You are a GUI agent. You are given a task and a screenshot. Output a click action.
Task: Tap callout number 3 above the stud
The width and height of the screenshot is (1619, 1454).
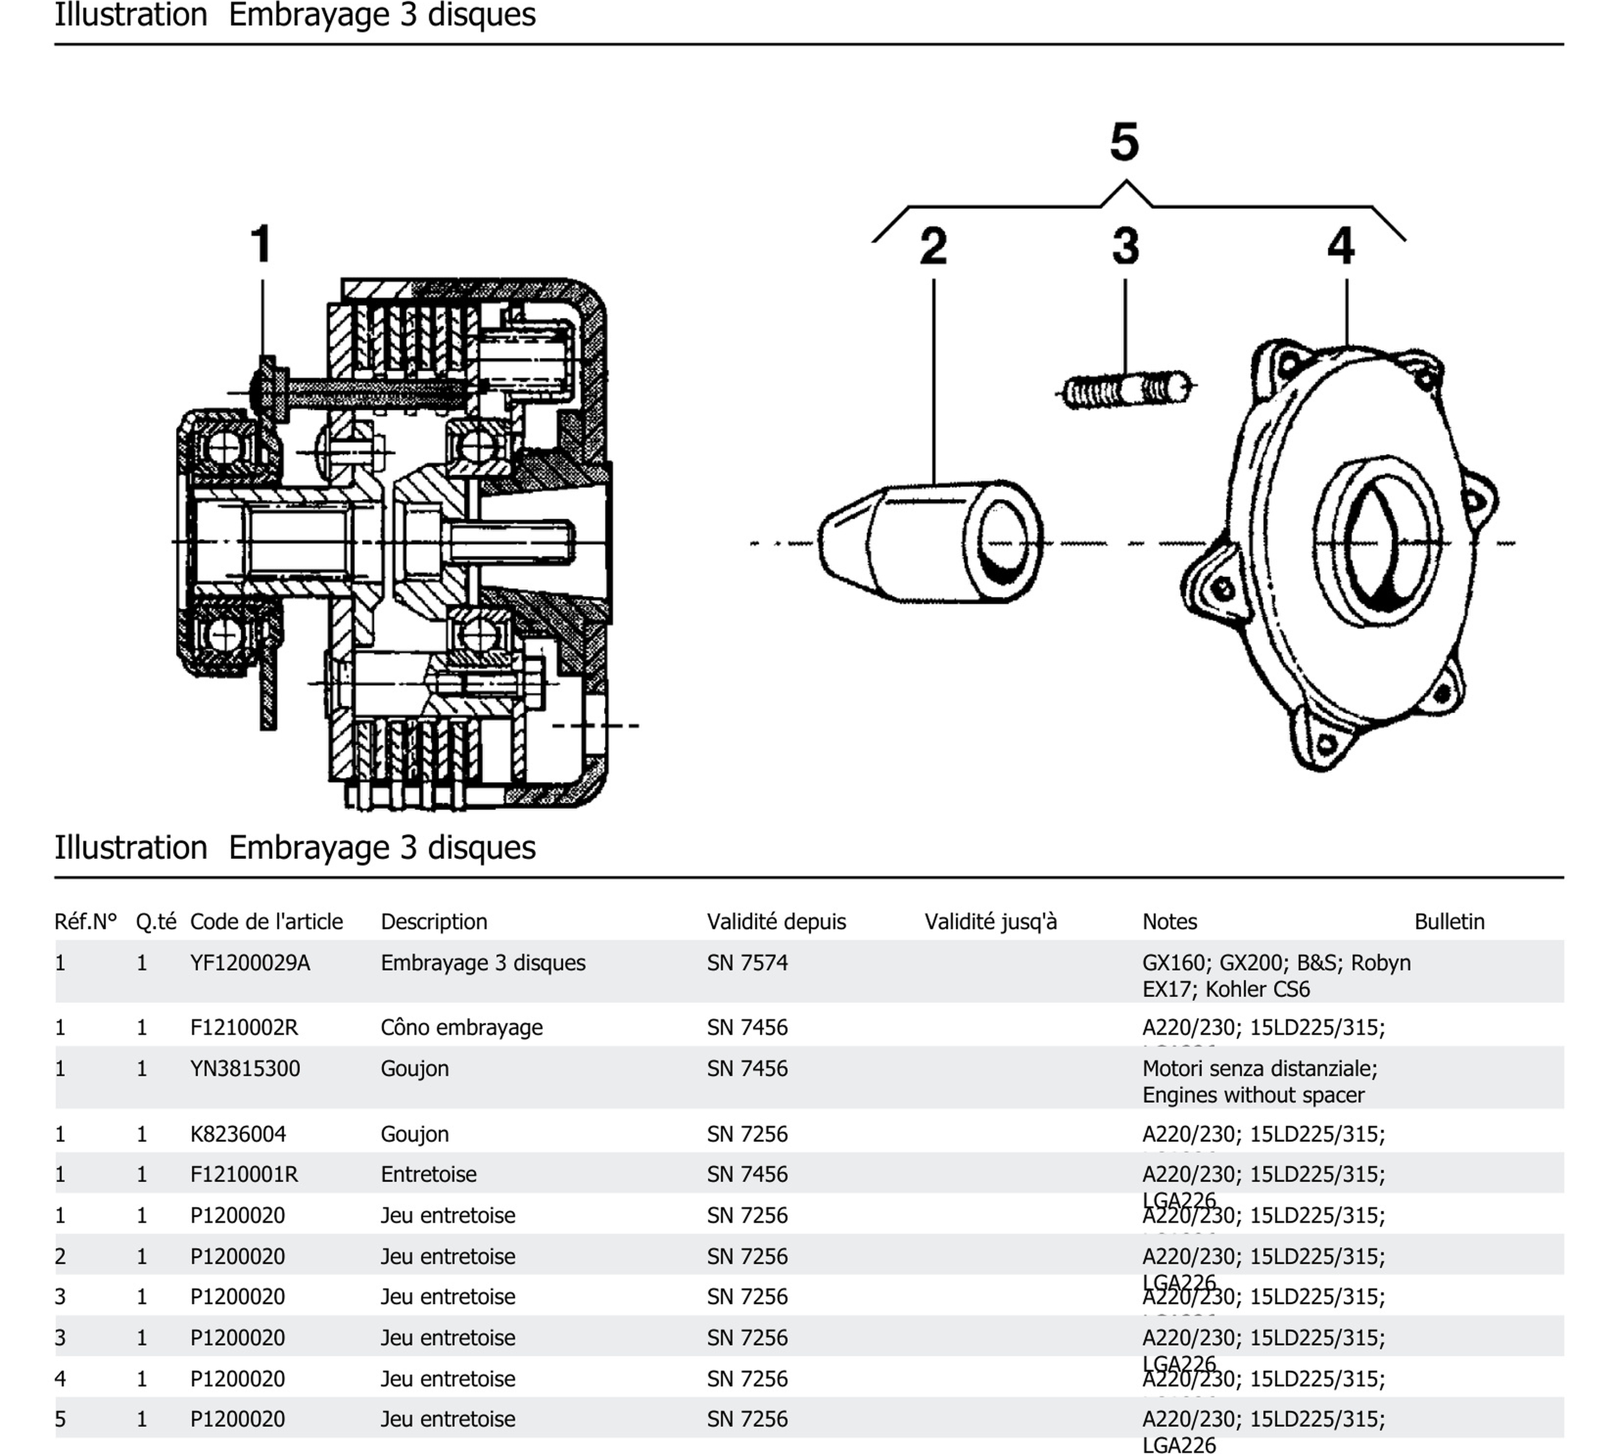(x=1125, y=246)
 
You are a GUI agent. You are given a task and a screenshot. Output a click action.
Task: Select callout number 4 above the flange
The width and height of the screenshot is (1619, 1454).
(x=1340, y=246)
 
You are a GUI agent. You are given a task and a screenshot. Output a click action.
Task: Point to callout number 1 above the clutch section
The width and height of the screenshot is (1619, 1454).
(x=262, y=244)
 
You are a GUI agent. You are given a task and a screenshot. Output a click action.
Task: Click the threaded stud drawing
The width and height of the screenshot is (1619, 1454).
(x=1127, y=389)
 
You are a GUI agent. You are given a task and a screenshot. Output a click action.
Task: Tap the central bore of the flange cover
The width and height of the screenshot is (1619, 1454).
(x=1376, y=543)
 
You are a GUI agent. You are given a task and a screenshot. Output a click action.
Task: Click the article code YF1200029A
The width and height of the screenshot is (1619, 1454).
(x=249, y=962)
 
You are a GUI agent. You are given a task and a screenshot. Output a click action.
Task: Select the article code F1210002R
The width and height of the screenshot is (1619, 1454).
(x=244, y=1028)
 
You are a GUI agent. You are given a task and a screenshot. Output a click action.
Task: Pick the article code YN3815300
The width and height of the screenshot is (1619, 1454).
(x=244, y=1068)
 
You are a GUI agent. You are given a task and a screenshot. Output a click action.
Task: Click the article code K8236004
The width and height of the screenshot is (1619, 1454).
(x=238, y=1134)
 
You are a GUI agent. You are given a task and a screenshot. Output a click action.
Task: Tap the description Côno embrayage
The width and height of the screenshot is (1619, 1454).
(x=461, y=1028)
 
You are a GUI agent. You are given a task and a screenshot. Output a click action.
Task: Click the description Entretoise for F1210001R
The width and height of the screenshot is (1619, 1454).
(x=429, y=1174)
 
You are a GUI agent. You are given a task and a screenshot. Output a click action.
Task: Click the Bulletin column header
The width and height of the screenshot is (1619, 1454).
(x=1449, y=921)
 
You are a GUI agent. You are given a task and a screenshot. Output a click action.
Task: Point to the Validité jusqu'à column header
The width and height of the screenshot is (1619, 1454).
(x=990, y=921)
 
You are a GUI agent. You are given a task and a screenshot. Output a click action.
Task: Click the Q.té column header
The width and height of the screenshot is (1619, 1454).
(x=156, y=921)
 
